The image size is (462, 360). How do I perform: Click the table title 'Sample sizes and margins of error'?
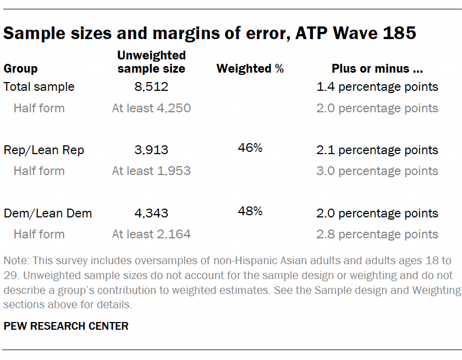click(x=210, y=34)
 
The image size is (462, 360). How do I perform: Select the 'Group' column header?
click(x=21, y=69)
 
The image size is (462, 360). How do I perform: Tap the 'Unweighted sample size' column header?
click(x=151, y=62)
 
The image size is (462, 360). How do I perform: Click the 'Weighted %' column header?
click(x=250, y=69)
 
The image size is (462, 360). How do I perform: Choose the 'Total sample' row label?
click(x=39, y=87)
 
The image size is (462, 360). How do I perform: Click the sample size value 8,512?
click(x=151, y=87)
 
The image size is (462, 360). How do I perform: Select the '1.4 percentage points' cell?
click(x=377, y=87)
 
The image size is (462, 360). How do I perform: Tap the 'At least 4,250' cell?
click(x=151, y=108)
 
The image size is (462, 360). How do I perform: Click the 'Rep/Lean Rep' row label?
click(x=44, y=150)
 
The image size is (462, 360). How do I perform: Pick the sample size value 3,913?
click(x=151, y=150)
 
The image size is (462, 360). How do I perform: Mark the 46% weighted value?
click(x=250, y=148)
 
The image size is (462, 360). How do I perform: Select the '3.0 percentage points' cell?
click(x=377, y=171)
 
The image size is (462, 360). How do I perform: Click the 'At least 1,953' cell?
click(x=151, y=171)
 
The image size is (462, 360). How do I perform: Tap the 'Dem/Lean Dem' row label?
click(x=48, y=214)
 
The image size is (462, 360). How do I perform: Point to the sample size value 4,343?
click(x=151, y=214)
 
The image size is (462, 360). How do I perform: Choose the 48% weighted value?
click(x=250, y=211)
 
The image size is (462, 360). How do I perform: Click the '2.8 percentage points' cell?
click(x=377, y=234)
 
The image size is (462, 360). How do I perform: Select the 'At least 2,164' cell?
click(x=151, y=234)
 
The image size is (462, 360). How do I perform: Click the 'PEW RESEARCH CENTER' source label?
click(x=66, y=326)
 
